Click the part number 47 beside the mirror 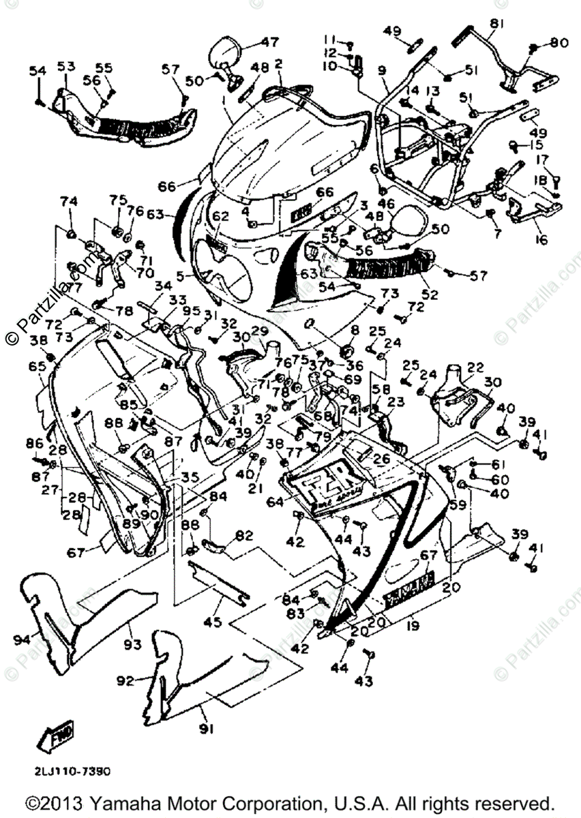pos(269,42)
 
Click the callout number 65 pos(36,367)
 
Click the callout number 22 pos(475,367)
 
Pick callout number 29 pos(260,331)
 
